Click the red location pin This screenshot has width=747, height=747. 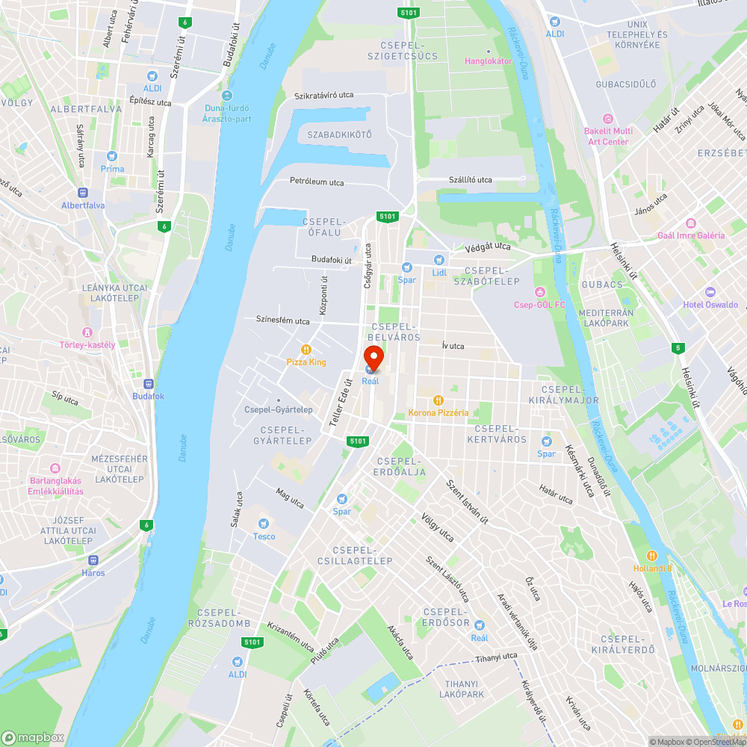[373, 357]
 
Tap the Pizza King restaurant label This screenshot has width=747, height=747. [306, 362]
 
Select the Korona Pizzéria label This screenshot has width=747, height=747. [438, 412]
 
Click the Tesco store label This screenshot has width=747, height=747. [264, 536]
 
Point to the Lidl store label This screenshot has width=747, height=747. [439, 272]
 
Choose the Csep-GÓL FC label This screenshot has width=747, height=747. [539, 304]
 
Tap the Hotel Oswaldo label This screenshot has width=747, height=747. [710, 304]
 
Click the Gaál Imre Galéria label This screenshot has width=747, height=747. [691, 235]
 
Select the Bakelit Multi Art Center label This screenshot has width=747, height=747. [607, 136]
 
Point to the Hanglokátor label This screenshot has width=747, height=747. [489, 61]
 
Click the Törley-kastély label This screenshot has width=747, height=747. [87, 344]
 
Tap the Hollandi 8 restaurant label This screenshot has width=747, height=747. [651, 568]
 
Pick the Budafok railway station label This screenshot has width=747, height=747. [148, 395]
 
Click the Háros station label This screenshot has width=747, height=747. [93, 573]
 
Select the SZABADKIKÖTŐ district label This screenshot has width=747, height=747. [339, 134]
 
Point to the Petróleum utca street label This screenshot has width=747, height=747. [317, 182]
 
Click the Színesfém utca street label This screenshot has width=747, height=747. [282, 321]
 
